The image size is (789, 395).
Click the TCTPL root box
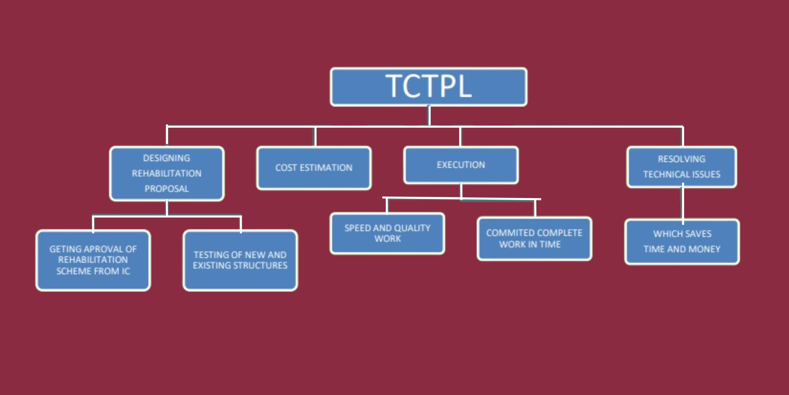point(429,87)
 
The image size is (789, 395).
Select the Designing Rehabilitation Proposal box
point(167,174)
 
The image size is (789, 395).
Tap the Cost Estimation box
point(314,168)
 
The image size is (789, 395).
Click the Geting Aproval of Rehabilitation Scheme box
point(93,260)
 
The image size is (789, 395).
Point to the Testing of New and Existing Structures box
point(240,260)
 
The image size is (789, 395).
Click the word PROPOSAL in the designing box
point(167,189)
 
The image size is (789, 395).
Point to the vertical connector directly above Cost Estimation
point(315,136)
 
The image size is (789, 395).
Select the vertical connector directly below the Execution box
point(461,191)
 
